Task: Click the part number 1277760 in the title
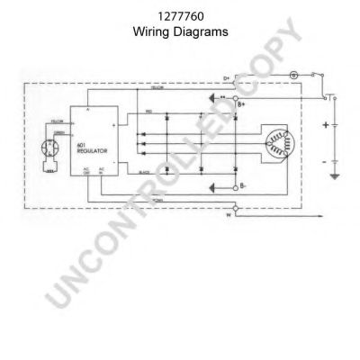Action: [180, 15]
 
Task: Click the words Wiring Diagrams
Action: [180, 30]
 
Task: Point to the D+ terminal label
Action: [227, 79]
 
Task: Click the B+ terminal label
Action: [241, 105]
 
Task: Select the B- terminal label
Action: [241, 188]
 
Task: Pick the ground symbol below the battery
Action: [335, 175]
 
